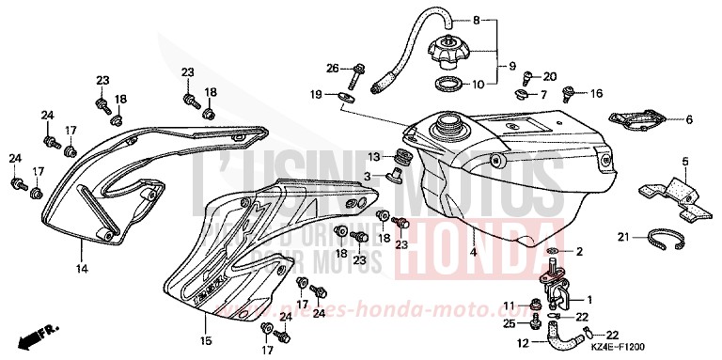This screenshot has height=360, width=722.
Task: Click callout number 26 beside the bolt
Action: point(332,68)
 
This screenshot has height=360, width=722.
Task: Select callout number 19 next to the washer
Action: point(318,94)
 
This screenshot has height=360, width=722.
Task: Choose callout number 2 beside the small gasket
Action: point(579,252)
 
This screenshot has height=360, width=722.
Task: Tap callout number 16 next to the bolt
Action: point(595,94)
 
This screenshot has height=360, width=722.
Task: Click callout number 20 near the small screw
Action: point(550,76)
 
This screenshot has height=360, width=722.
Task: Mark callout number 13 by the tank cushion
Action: point(374,156)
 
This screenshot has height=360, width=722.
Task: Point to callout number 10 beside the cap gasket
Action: point(479,84)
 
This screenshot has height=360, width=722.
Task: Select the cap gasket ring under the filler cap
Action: point(449,86)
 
